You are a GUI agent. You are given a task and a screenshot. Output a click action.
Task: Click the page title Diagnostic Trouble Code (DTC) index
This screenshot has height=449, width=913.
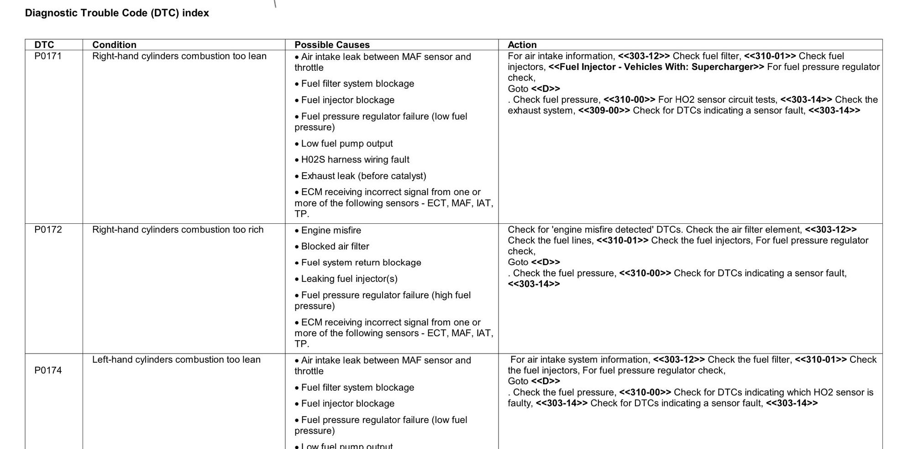pos(117,13)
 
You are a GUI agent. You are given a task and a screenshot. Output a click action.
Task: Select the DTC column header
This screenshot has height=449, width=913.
pos(44,45)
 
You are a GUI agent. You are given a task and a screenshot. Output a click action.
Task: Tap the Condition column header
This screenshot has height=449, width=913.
pos(114,45)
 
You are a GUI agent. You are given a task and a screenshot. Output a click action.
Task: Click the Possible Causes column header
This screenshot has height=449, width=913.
pos(332,45)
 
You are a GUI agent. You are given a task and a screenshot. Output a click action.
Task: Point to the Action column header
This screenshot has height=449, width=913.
pos(522,45)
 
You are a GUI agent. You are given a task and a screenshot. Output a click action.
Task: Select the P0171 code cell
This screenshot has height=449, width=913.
pos(48,56)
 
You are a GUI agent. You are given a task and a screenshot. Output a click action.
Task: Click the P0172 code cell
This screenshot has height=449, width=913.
pos(48,230)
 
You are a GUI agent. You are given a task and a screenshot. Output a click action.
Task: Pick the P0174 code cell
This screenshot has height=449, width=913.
pos(48,370)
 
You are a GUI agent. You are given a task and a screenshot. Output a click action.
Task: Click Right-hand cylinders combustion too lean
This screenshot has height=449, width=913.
pos(179,56)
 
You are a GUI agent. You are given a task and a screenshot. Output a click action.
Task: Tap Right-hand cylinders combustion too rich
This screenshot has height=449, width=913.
pos(178,230)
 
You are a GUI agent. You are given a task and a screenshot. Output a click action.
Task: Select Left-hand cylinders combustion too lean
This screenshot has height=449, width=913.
pos(176,360)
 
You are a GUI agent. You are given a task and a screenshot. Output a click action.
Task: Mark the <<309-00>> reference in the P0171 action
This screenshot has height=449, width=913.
pos(604,111)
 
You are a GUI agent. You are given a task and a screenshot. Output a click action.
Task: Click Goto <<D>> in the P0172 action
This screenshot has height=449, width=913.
pos(534,262)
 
